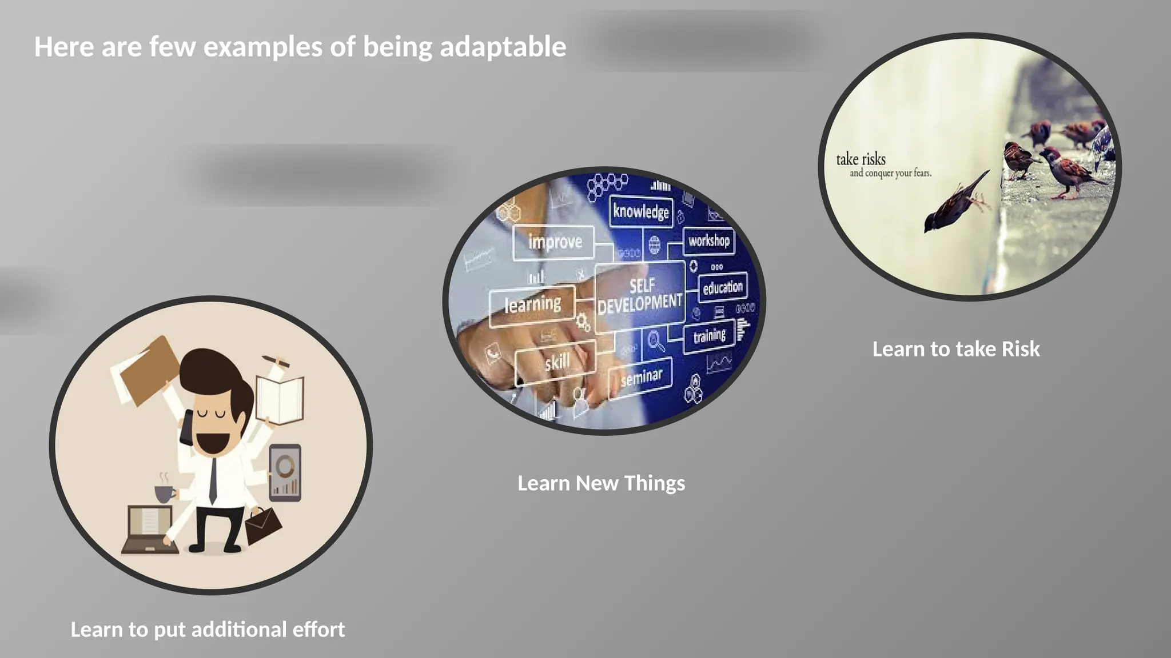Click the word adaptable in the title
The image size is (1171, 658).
[503, 47]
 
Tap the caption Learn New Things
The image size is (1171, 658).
[601, 483]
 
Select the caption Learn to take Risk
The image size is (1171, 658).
[955, 349]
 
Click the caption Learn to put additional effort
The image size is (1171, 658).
[208, 629]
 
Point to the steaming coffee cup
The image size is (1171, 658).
[165, 492]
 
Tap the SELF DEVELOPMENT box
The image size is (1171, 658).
[640, 296]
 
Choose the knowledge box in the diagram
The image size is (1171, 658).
[641, 211]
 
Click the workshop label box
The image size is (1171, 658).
[709, 241]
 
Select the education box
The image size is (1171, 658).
[723, 287]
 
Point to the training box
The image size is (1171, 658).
[709, 336]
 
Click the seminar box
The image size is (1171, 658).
[641, 378]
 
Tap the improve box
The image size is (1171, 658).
[554, 242]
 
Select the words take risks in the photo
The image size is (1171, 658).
[861, 159]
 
